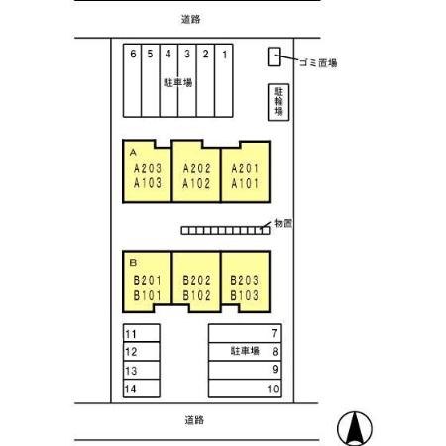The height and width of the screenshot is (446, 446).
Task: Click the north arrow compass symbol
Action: point(355,428)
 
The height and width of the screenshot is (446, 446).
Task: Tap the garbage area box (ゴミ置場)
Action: point(274,56)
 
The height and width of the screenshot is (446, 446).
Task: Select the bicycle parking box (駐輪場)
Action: point(279,102)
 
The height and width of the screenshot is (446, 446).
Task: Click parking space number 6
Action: point(132,80)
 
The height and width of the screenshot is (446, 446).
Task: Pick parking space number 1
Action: point(224,80)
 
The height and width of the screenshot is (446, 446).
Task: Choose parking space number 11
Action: point(142,333)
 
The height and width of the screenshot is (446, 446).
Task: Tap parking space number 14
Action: point(142,389)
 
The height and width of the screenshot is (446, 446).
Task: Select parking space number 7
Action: point(245,333)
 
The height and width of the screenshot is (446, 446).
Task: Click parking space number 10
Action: point(245,389)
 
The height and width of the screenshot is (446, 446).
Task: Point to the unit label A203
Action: point(148,168)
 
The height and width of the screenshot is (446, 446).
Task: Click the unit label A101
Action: point(245,183)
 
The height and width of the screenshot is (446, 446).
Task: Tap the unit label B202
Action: point(196,280)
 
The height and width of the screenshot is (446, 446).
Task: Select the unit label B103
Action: point(244,295)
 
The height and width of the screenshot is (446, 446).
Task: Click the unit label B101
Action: point(147,295)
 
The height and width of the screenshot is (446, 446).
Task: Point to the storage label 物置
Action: point(283,223)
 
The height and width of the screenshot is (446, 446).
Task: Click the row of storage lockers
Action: point(226,230)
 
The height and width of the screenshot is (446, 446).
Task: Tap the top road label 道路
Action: point(191,19)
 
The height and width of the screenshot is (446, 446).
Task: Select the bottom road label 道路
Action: point(194,420)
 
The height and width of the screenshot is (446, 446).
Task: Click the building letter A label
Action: point(133,153)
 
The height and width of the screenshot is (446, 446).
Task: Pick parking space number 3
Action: point(187,80)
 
